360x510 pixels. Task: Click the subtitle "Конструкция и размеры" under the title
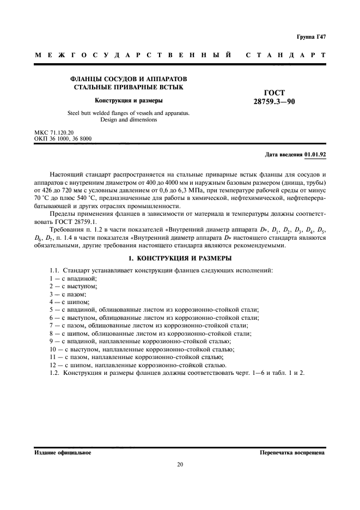(129, 100)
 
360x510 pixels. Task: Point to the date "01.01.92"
(315, 155)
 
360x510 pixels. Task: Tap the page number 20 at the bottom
(180, 465)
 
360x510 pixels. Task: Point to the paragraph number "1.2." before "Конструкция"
(54, 373)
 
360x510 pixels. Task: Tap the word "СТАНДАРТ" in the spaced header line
(286, 56)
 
